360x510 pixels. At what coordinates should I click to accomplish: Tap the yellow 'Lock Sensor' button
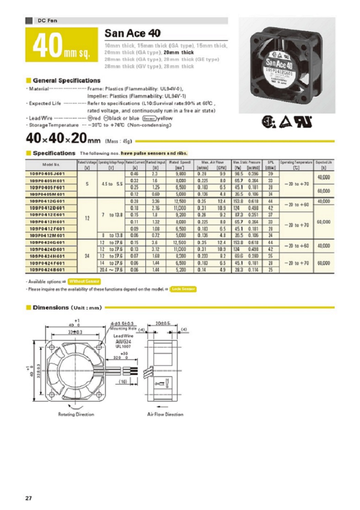point(183,289)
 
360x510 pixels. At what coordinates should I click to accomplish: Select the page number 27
point(28,498)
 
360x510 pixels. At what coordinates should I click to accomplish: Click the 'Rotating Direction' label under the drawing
point(76,414)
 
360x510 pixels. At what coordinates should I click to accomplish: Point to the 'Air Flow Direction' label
point(165,414)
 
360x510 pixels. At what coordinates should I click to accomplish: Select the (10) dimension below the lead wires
point(123,381)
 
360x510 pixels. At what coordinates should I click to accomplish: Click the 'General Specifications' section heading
point(66,81)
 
